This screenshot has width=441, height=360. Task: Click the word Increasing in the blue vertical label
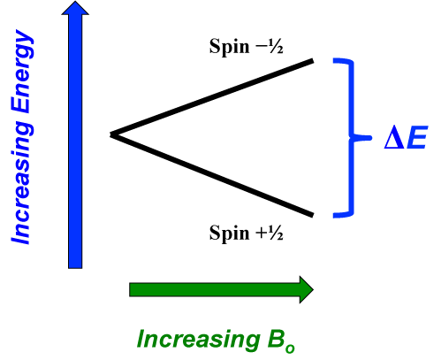coord(21,183)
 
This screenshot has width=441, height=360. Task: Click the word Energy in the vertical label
coord(22,72)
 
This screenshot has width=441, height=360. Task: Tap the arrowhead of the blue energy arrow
coord(75,8)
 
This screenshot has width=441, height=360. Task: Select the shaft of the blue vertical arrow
coord(75,142)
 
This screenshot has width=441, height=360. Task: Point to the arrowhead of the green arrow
coord(307,289)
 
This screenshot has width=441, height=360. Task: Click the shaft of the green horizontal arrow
coord(215,289)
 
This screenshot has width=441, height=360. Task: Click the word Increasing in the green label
coord(198,340)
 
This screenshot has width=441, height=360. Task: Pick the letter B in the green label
coord(276,339)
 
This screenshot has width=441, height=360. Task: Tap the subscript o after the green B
coord(290,349)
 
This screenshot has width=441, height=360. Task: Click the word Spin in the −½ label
coord(229,47)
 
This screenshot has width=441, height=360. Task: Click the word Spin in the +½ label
coord(229,234)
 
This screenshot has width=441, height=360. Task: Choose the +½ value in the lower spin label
coord(270,233)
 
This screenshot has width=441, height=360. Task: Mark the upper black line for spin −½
coord(211,98)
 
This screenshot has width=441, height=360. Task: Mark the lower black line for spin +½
coord(211,175)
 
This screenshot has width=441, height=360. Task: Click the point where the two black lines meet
coord(111,135)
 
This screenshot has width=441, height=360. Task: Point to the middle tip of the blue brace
coord(370,138)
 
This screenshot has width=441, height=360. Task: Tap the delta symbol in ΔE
coord(394,137)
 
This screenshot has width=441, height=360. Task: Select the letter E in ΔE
coord(416,137)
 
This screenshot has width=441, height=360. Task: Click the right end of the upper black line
coord(313,61)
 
